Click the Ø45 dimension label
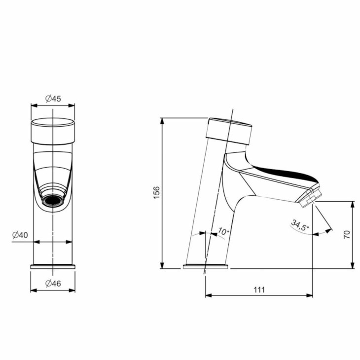53,99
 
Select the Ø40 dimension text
20,235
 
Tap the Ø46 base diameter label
53,284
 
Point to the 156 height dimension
156,193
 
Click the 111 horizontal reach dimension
259,290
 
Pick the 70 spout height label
347,234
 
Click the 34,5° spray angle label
300,225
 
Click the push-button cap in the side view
229,131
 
